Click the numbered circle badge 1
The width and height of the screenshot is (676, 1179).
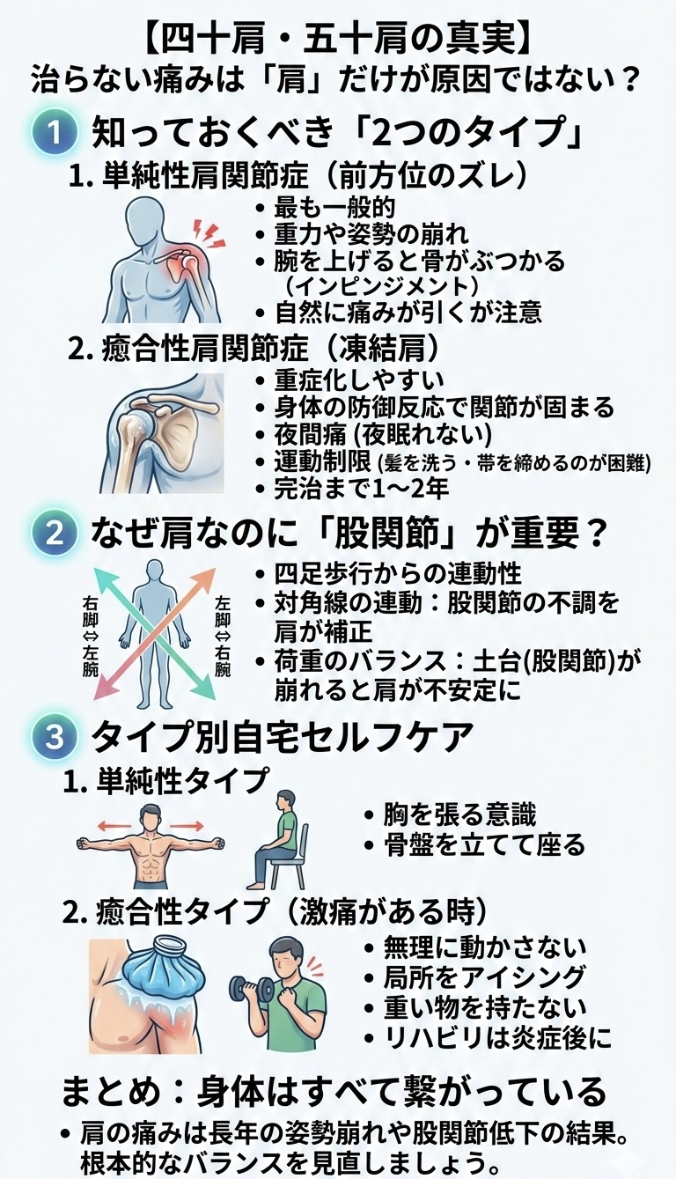[x=55, y=133]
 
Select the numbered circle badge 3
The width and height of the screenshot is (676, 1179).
[x=55, y=738]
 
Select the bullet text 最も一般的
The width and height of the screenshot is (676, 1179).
[x=334, y=209]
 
